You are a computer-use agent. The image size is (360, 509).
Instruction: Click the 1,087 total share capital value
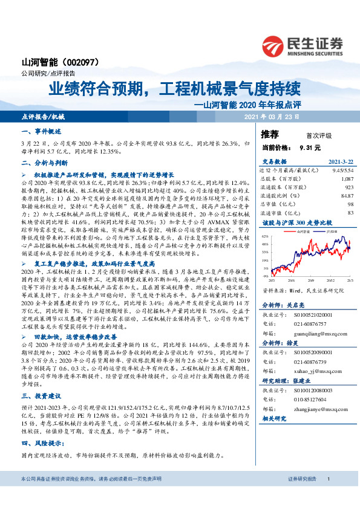coord(347,179)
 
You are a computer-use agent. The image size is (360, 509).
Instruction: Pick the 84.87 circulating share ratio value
coord(347,195)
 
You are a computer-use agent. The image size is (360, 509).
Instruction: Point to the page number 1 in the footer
coord(327,496)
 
